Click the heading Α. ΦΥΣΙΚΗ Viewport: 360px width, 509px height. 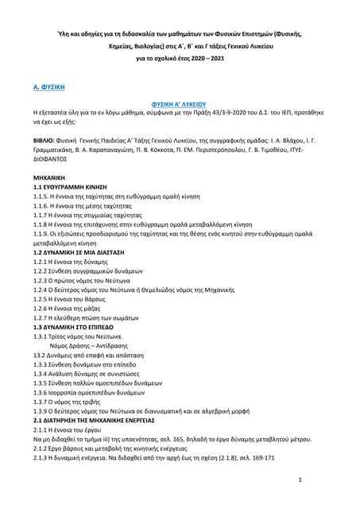click(48, 84)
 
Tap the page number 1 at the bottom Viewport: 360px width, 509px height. click(298, 480)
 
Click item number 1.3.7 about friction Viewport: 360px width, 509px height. click(43, 394)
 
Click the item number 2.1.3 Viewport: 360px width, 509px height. click(43, 460)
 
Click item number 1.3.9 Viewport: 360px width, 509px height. click(43, 406)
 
